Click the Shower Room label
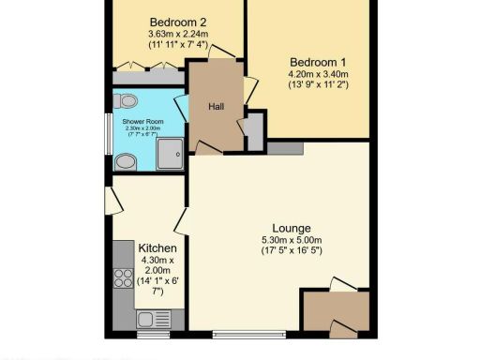pyautogui.click(x=142, y=121)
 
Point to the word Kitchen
pyautogui.click(x=157, y=247)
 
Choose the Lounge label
pyautogui.click(x=291, y=229)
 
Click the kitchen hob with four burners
pyautogui.click(x=122, y=277)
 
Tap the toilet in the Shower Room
pyautogui.click(x=127, y=100)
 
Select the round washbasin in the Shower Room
pyautogui.click(x=124, y=161)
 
